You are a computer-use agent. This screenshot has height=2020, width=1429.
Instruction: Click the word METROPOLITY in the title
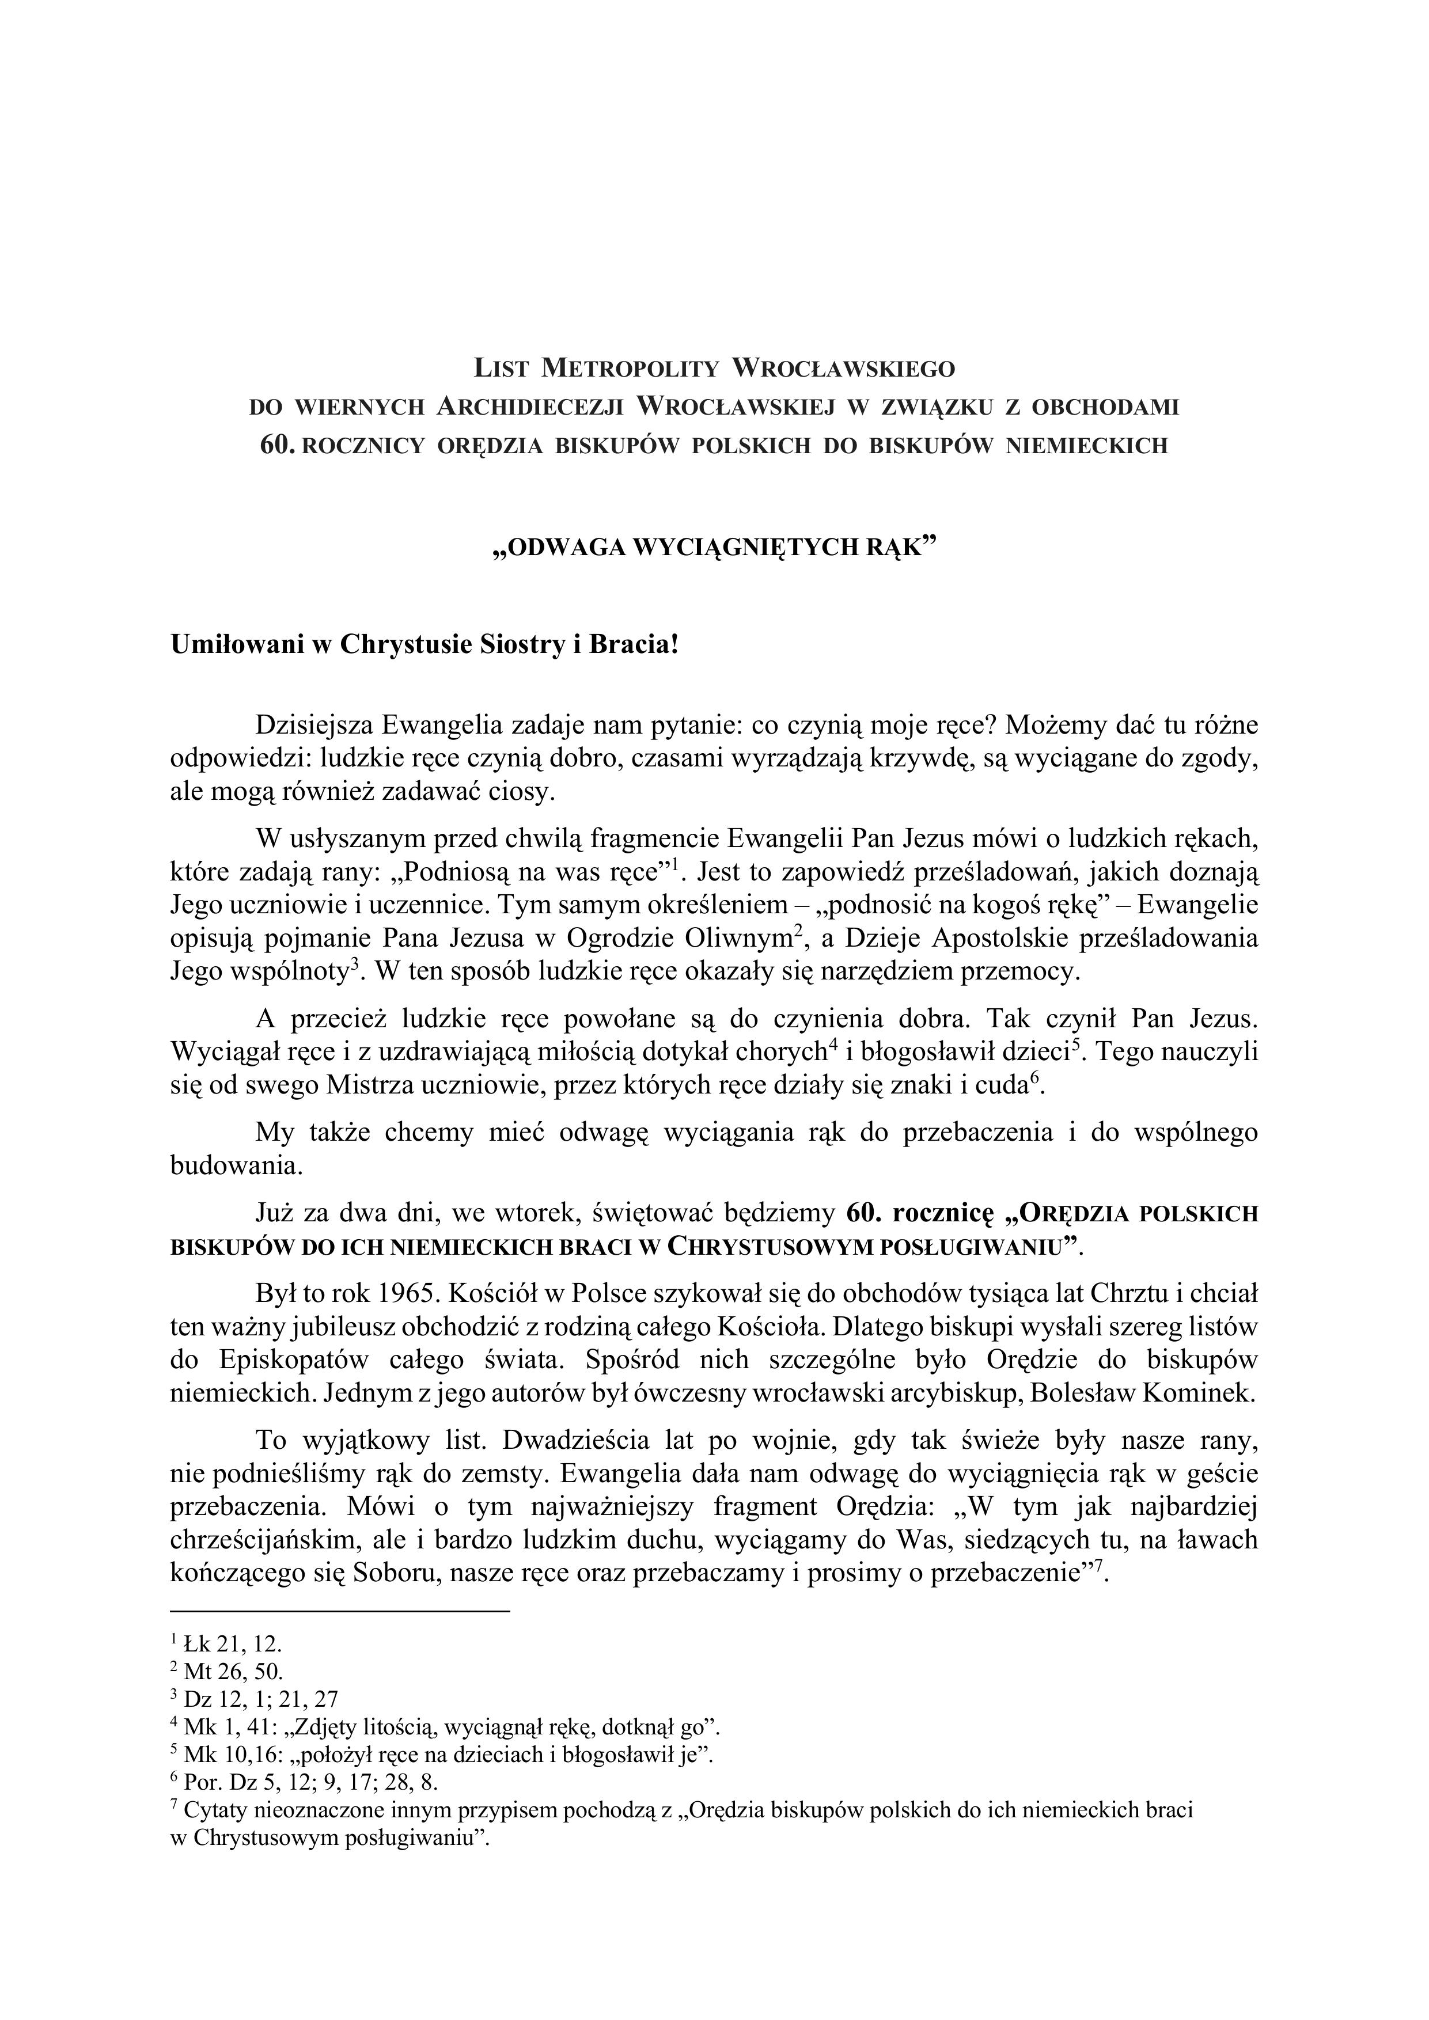630,366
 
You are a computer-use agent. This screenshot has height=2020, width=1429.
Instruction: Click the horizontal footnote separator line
340,1611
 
